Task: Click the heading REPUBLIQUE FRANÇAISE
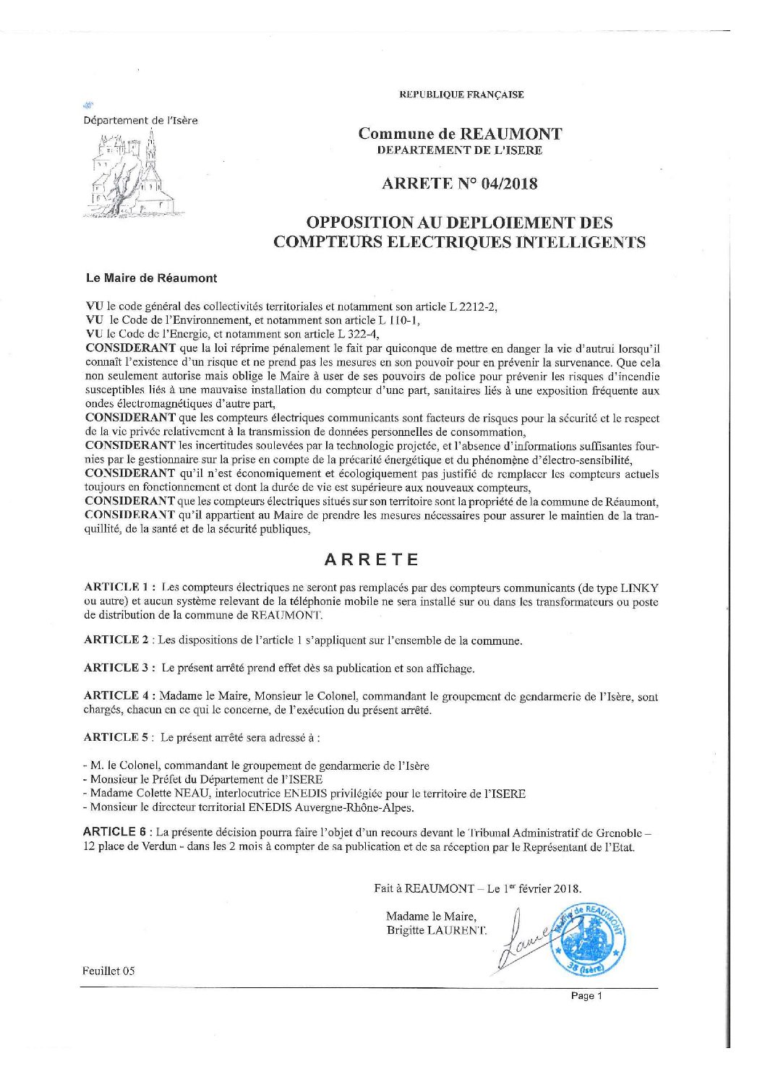point(461,95)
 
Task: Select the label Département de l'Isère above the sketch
point(140,121)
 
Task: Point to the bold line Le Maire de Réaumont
point(151,278)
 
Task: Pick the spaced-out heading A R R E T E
point(372,559)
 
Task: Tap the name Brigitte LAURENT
point(437,930)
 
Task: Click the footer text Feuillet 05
point(109,971)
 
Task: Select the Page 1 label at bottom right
point(586,996)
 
